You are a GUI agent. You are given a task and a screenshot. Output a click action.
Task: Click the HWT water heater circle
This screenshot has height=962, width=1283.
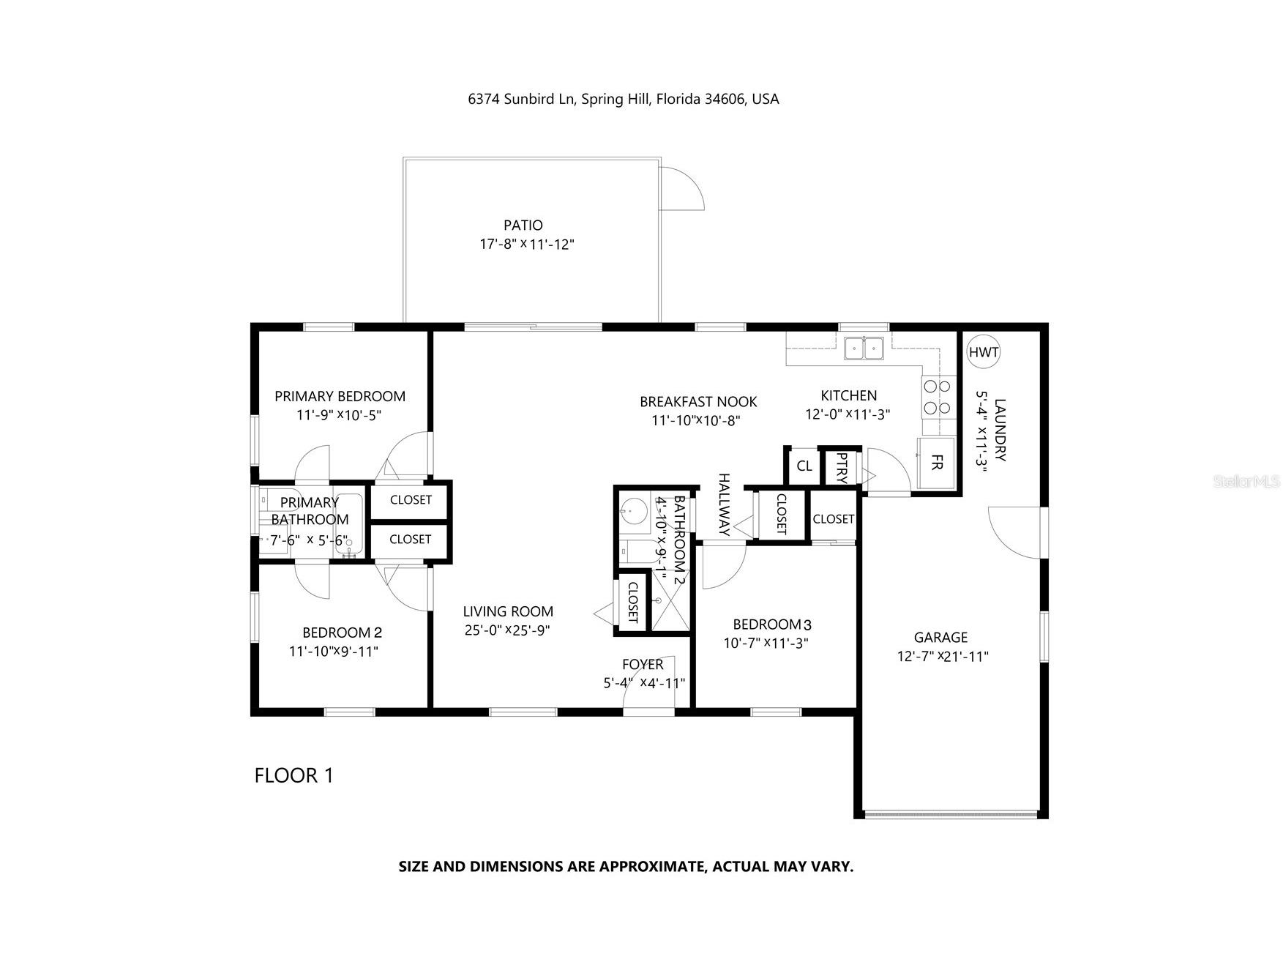[983, 352]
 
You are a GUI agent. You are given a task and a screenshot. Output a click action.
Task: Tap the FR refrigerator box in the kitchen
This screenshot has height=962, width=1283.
[936, 463]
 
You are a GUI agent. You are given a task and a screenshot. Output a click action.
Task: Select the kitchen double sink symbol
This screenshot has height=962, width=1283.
[864, 348]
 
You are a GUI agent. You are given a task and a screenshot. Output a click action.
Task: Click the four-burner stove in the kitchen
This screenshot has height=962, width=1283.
[938, 397]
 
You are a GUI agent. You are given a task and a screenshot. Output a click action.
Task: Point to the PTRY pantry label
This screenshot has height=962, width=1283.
[842, 468]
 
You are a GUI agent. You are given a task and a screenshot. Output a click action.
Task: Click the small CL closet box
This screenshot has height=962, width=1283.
[804, 466]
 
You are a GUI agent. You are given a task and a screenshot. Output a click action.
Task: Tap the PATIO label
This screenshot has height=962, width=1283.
[523, 225]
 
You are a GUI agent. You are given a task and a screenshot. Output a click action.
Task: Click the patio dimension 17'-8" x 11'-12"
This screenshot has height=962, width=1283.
[526, 245]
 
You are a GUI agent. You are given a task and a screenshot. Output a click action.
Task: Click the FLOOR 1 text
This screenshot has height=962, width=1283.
[293, 775]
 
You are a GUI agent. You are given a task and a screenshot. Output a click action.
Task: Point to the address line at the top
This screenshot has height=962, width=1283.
[623, 99]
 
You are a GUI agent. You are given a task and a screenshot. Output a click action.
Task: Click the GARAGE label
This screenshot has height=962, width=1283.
[940, 638]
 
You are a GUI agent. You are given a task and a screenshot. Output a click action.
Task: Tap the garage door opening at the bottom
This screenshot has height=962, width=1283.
[950, 813]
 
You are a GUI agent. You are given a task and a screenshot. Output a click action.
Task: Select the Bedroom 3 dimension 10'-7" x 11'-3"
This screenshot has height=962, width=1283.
[766, 644]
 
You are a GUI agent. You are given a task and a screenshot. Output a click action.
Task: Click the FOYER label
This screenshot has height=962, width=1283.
[642, 664]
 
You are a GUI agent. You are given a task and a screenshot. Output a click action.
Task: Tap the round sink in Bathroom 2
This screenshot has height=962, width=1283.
[634, 510]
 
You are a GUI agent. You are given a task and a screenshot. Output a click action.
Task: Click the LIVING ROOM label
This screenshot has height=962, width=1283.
[508, 611]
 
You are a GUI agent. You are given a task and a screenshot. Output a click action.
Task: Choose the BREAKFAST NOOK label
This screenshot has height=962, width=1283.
[697, 401]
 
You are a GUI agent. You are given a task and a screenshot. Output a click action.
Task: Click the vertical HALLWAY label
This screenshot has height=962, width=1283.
[724, 504]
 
